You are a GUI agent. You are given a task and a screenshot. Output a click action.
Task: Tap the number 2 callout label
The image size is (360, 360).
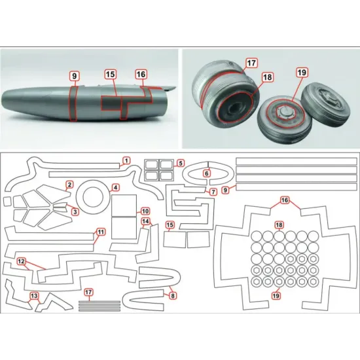click(x=69, y=186)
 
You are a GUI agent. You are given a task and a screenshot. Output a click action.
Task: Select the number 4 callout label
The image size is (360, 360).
click(x=115, y=187)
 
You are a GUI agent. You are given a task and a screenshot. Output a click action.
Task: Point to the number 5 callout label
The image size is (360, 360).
click(x=181, y=162)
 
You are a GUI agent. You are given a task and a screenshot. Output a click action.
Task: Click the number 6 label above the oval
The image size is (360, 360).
click(x=207, y=173)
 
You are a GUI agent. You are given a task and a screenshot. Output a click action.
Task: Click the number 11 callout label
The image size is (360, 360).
click(x=99, y=232)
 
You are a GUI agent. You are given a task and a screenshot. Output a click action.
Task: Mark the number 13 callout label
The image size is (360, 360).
click(x=33, y=297)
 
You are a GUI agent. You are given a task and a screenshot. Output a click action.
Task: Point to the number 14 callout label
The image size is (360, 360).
click(x=145, y=222)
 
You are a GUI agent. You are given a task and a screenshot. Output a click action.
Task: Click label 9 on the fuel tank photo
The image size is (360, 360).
click(x=75, y=76)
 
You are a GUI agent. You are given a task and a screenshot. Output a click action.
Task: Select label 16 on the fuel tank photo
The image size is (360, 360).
click(x=141, y=75)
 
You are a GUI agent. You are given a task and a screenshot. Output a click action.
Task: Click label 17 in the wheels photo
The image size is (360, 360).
click(x=251, y=64)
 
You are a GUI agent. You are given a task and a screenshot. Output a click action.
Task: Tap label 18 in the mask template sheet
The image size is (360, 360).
click(x=279, y=225)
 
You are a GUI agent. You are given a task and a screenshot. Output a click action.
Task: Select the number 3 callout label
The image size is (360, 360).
click(x=75, y=211)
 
